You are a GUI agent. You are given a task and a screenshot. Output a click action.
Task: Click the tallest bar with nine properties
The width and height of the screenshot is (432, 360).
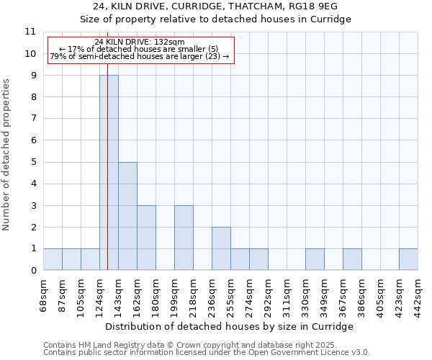pos(109,173)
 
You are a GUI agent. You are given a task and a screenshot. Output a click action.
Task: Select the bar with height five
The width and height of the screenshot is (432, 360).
pos(127,216)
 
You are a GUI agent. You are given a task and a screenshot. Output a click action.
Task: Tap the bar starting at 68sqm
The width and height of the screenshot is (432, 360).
pos(53,259)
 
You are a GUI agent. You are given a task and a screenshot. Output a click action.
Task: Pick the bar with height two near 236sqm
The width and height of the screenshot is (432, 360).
pos(221,248)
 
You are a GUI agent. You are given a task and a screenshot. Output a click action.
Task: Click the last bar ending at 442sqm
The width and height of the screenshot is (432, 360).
pos(408,259)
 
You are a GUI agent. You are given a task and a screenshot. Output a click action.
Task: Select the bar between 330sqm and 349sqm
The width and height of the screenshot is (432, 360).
pos(315,259)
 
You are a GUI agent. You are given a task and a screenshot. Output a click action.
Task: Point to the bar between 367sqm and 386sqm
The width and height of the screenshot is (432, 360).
pos(352,259)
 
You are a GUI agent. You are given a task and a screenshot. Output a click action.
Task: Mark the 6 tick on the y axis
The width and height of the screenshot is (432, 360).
pos(32,140)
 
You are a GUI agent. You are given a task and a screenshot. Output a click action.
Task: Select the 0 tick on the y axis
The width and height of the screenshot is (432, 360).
pos(32,271)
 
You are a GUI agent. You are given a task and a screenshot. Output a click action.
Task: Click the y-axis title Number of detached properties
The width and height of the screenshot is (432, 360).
pos(7,155)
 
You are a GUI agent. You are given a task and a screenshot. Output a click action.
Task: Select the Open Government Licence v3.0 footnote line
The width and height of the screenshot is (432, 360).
pos(207,353)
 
